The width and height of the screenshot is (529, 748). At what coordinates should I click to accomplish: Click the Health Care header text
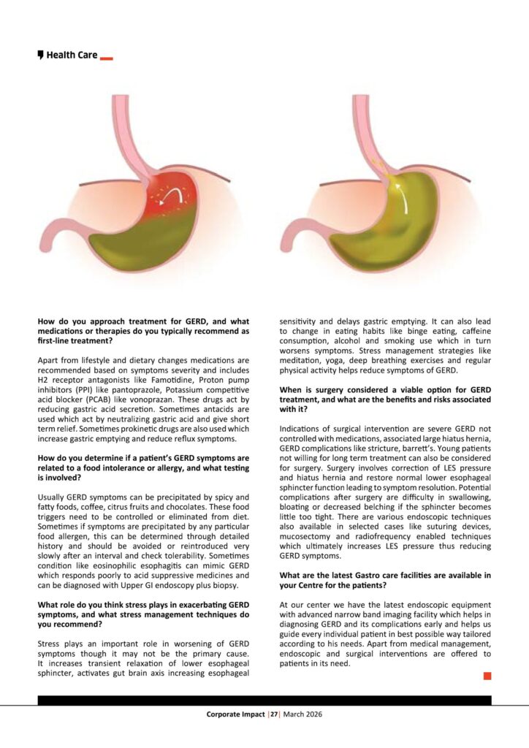click(x=72, y=55)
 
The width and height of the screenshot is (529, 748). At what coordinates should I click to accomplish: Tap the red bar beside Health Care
click(x=106, y=57)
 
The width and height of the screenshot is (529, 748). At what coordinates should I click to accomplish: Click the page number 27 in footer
click(x=275, y=714)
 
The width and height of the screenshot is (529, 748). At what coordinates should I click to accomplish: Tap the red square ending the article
click(x=487, y=676)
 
